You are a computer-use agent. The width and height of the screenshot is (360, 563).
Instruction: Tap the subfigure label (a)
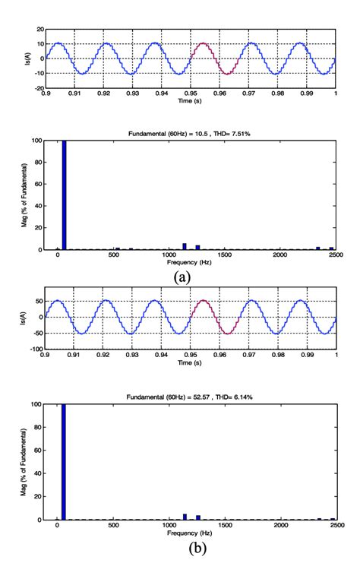182,277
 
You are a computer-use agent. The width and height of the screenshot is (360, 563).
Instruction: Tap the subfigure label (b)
182,544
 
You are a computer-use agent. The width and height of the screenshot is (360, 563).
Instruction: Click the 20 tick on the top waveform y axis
39,30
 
